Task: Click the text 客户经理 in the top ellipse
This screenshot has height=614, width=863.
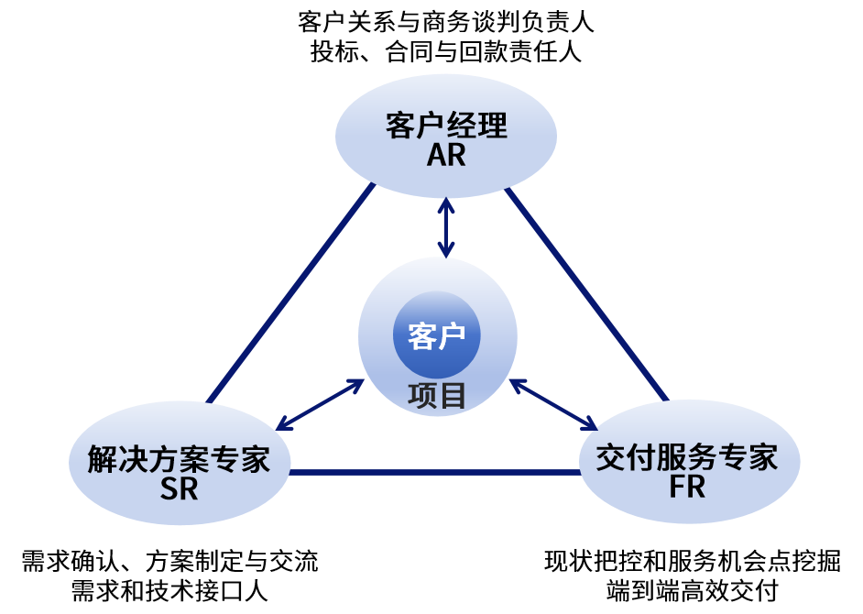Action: [446, 126]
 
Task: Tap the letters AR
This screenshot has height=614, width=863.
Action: [446, 156]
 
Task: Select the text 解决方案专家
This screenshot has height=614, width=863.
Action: [180, 458]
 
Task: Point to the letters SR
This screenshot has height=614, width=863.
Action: [180, 489]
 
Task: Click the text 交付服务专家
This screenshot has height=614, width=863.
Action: [687, 456]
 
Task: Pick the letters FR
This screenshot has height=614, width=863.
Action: [687, 487]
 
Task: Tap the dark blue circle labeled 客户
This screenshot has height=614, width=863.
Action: [437, 335]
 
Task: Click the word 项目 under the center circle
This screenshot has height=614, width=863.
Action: [437, 396]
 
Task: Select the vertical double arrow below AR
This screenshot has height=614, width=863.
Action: [446, 227]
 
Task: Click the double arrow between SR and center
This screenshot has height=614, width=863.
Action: [321, 404]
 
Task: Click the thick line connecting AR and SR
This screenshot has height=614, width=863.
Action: [291, 293]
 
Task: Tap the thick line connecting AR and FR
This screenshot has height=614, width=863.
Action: [586, 293]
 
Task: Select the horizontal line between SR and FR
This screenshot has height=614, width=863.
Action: [435, 473]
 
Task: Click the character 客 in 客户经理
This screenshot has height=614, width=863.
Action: [401, 126]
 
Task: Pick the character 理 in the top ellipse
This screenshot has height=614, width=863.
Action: [492, 126]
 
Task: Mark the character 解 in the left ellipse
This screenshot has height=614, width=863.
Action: [103, 458]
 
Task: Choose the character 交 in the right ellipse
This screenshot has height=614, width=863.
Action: [611, 456]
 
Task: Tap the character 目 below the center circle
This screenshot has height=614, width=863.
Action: [453, 396]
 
